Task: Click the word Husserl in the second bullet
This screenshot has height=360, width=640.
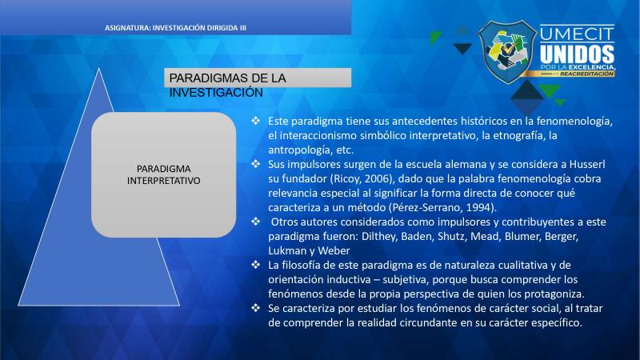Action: click(587, 164)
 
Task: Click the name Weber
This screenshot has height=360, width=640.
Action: click(334, 250)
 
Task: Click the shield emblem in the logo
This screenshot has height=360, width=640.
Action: click(507, 51)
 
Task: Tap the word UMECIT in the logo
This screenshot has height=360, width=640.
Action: click(577, 34)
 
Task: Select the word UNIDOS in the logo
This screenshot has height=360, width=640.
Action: click(577, 54)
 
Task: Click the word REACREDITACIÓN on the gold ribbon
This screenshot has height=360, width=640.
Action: click(586, 74)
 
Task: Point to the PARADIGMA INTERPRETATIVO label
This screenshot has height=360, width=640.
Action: click(164, 174)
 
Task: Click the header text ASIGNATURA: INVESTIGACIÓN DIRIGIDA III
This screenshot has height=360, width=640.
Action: click(175, 28)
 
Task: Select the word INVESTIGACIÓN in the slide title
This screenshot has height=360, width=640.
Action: click(216, 93)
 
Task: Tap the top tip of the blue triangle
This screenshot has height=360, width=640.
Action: click(98, 69)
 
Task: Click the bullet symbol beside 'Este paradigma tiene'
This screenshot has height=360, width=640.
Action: click(255, 121)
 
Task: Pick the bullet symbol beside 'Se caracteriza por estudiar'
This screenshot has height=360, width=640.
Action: click(255, 308)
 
